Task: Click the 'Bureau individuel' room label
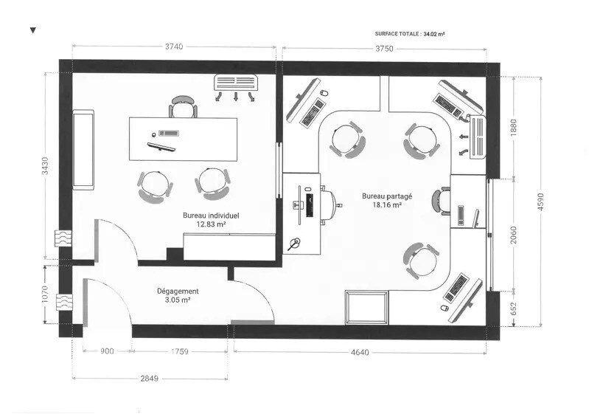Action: [210, 216]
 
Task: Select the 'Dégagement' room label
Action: [178, 292]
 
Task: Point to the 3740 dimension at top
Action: [174, 46]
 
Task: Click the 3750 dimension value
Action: [384, 49]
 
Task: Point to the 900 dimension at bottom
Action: [107, 352]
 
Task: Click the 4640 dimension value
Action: [360, 352]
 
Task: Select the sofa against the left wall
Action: [83, 150]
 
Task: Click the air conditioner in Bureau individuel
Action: [235, 82]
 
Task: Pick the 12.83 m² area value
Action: [210, 224]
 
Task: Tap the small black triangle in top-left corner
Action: [32, 30]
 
